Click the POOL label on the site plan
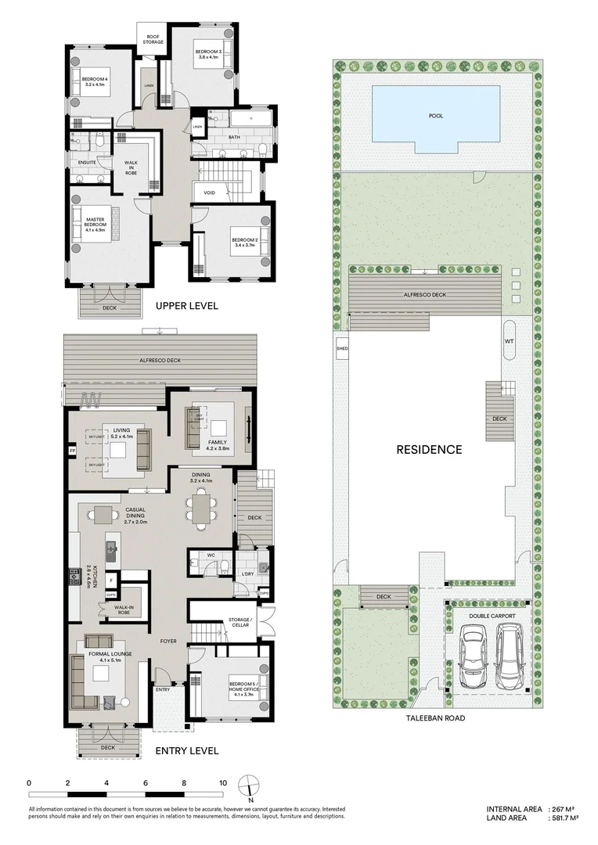(x=435, y=116)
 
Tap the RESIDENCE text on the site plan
(x=428, y=449)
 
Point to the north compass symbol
(x=248, y=786)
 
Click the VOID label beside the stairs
(x=209, y=192)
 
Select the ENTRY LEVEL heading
(x=186, y=750)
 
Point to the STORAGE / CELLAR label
(x=240, y=623)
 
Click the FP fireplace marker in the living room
(x=72, y=451)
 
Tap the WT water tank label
(x=509, y=341)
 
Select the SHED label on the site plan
(x=341, y=348)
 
